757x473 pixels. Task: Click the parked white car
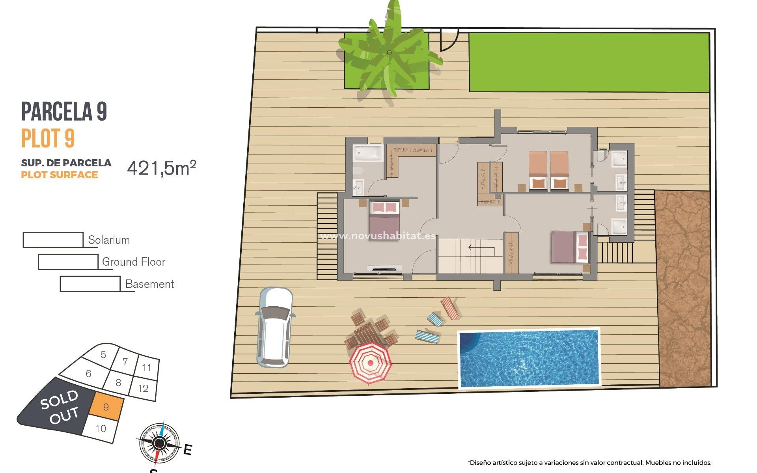coord(275,327)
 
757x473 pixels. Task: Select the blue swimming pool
coord(528,358)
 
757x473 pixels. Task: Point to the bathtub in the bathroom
coord(367,153)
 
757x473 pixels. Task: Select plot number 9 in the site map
coord(106,407)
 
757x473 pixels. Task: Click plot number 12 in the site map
coord(143,388)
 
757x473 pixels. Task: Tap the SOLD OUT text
coord(60,407)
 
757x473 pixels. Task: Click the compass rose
coord(159,443)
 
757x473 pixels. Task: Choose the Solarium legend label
coord(109,240)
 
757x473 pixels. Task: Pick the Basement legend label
coord(149,284)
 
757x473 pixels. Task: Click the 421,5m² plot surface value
coord(161,168)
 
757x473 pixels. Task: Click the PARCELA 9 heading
coord(64,112)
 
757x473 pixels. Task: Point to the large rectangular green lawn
coord(589,62)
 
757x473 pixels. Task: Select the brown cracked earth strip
coord(684,288)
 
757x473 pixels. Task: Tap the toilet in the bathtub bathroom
coord(358,171)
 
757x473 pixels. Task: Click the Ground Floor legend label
coord(133,262)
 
